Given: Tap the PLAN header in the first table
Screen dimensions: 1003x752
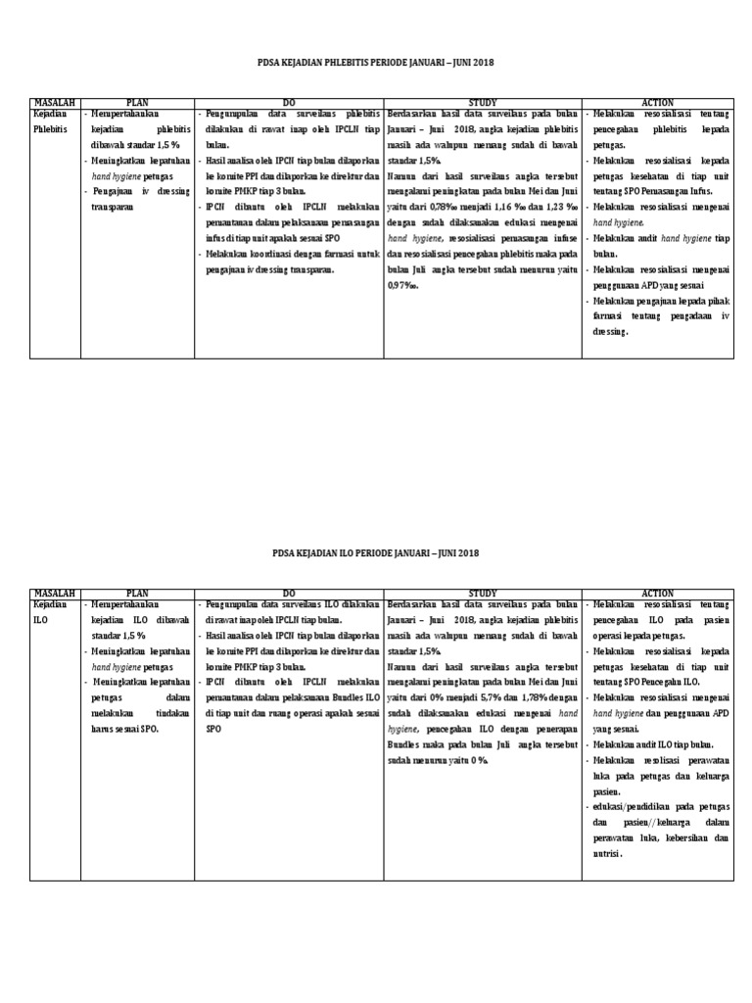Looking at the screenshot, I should click(x=137, y=102).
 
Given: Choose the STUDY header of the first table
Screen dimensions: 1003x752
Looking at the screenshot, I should click(x=483, y=102).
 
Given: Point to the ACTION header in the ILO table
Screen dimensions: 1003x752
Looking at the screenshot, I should click(x=658, y=594).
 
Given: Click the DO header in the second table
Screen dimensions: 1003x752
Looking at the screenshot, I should click(x=289, y=594).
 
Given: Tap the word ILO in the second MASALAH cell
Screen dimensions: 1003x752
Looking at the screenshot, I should click(x=40, y=621).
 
